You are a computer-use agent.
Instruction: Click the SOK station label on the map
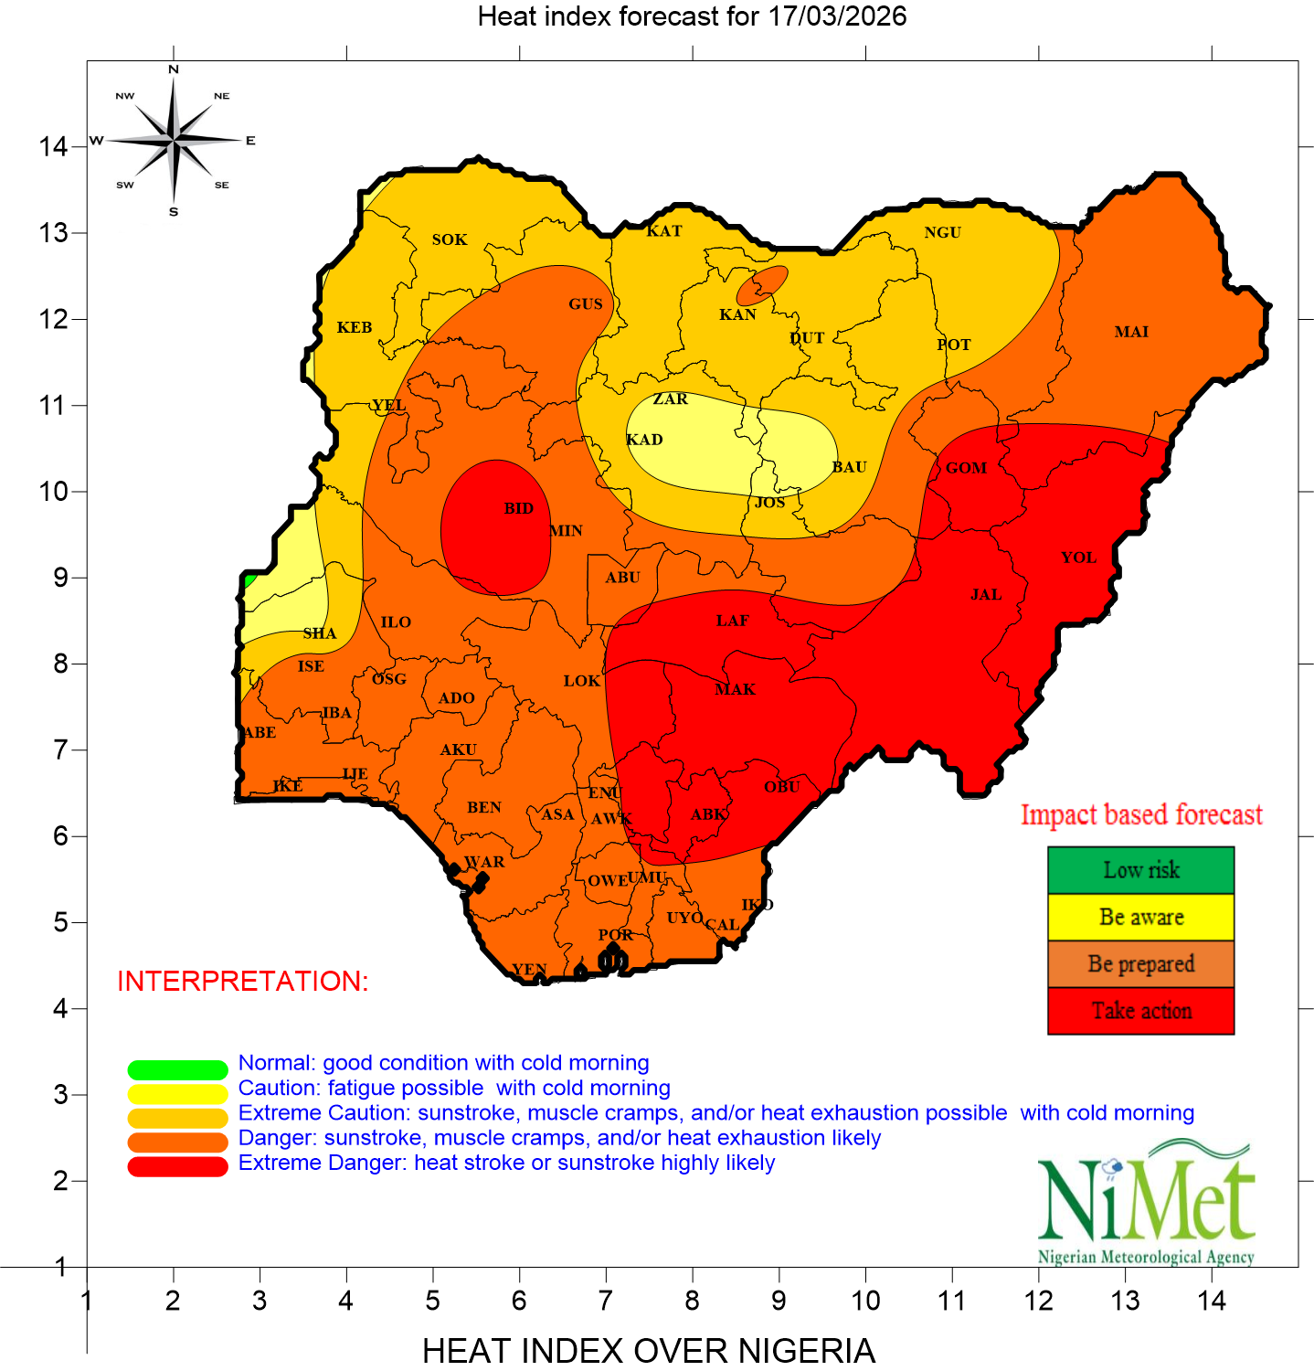(x=450, y=239)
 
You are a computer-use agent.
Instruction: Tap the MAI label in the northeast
(x=1131, y=332)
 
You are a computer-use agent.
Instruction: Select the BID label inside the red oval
(x=518, y=508)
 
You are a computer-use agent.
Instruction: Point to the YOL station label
(x=1078, y=558)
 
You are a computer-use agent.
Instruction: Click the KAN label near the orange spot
(x=737, y=314)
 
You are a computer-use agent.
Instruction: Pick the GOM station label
(x=966, y=468)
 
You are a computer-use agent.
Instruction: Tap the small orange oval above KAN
(x=762, y=285)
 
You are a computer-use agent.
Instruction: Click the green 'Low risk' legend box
(x=1140, y=870)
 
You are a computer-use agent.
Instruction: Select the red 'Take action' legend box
(x=1140, y=1011)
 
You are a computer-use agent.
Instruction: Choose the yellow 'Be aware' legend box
(x=1140, y=917)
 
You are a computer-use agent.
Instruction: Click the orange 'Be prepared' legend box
(x=1140, y=964)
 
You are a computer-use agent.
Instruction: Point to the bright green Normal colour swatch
(x=177, y=1069)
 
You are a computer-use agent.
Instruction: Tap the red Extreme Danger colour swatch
(x=177, y=1166)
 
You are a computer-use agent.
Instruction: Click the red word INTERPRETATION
(x=243, y=981)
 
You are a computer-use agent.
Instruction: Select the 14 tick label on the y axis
(x=53, y=146)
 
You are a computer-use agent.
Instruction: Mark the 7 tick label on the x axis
(x=605, y=1301)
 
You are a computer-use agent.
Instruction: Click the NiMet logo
(x=1146, y=1202)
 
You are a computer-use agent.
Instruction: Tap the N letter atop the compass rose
(x=174, y=69)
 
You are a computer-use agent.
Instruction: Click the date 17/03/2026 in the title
(x=837, y=16)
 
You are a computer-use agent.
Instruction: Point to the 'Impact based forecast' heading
(x=1141, y=814)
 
